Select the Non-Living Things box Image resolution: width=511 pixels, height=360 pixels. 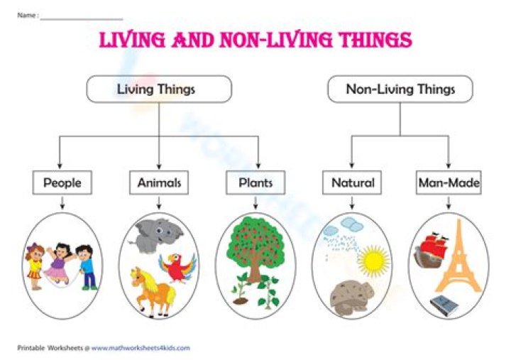pos(400,89)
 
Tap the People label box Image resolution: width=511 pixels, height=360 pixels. pos(62,182)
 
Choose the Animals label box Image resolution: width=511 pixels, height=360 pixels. pos(159,182)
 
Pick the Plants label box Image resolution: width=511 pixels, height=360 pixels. pos(255,182)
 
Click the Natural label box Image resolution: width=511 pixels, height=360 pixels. pos(353,182)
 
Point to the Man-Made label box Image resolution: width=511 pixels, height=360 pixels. pos(449,182)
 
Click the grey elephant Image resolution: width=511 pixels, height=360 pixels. pos(147,235)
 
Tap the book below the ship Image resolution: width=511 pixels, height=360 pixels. pos(444,304)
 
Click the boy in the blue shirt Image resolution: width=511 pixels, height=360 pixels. pos(86,265)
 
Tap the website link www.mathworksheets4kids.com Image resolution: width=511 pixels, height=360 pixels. pos(140,348)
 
